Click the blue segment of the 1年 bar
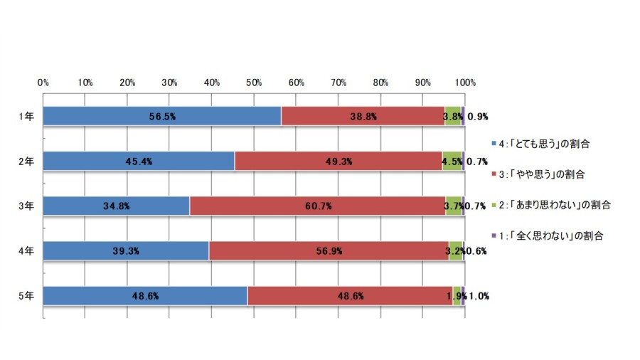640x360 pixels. pos(162,117)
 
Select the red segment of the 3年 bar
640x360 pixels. pos(318,206)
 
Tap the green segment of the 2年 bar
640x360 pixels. pos(452,162)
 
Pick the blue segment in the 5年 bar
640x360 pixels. pos(145,296)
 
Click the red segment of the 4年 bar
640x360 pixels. pos(329,250)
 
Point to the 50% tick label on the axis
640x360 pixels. pos(254,83)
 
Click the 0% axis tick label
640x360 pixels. pos(43,83)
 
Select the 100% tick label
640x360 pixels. pos(465,83)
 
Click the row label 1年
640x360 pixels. pos(26,117)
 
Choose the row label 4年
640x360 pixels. pos(26,250)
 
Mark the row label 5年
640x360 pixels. pos(26,296)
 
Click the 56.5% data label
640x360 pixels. pos(162,117)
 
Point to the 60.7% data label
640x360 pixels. pos(319,206)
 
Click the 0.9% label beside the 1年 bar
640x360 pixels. pos(478,117)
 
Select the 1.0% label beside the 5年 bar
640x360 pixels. pos(479,297)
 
